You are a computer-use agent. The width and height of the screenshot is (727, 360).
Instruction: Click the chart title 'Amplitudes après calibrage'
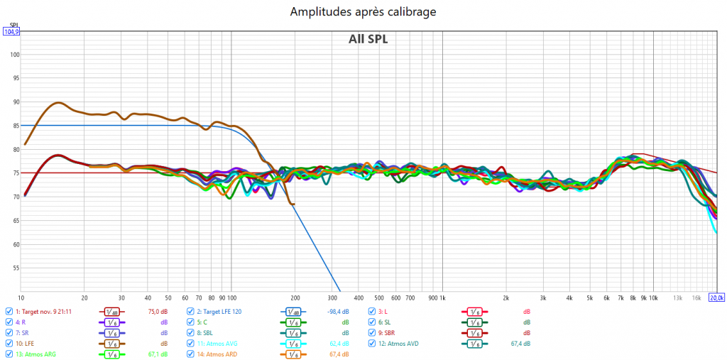pos(363,11)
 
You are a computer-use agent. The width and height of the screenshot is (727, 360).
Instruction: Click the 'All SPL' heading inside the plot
pos(368,39)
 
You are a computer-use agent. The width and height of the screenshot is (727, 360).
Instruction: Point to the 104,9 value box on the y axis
pos(11,31)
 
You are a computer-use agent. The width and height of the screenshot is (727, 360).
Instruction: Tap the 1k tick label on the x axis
pos(442,298)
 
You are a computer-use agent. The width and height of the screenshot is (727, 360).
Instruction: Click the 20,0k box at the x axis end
pos(716,298)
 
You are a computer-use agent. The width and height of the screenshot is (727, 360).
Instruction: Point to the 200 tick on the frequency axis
pos(295,298)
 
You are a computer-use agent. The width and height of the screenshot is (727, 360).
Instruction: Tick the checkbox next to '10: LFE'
pos(9,344)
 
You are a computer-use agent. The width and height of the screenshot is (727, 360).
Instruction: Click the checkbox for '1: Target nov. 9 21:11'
pos(9,311)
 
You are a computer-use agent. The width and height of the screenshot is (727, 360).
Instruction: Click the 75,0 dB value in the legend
pos(157,311)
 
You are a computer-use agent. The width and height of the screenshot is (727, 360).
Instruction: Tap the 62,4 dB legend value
pos(339,344)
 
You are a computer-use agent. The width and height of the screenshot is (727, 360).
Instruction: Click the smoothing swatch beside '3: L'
pos(472,311)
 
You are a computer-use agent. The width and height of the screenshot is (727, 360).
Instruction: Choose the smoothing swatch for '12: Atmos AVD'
pos(472,344)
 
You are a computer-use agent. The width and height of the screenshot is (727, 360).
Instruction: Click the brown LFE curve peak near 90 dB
pos(58,102)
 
